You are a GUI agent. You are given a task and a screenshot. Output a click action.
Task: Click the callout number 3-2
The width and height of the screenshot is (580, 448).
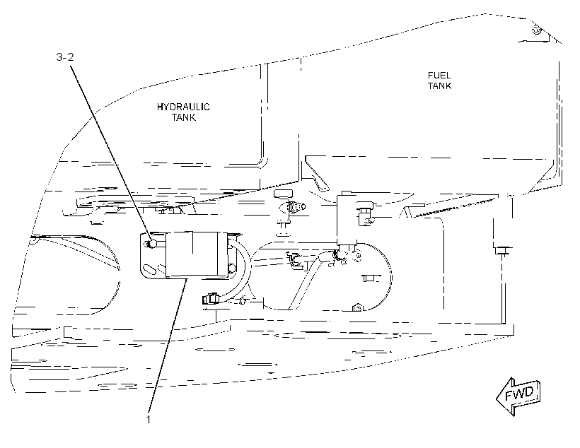(65, 57)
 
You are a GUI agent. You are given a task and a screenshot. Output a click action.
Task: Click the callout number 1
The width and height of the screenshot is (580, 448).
(149, 420)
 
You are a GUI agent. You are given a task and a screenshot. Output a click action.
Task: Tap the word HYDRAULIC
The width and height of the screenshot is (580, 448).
(183, 107)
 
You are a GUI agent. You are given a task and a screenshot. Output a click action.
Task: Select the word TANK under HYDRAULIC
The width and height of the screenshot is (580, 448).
(183, 117)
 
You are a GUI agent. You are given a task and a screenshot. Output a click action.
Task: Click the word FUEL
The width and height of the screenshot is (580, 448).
(439, 76)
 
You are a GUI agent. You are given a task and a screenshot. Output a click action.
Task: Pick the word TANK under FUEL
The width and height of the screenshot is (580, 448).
(439, 86)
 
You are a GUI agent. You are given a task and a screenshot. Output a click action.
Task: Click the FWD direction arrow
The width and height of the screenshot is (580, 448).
(518, 396)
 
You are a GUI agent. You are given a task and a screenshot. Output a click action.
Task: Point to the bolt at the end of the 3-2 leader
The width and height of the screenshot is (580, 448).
(151, 244)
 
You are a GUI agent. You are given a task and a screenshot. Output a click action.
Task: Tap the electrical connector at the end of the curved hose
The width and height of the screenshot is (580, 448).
(210, 298)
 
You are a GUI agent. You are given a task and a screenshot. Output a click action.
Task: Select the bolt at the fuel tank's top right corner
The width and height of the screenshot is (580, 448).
(538, 29)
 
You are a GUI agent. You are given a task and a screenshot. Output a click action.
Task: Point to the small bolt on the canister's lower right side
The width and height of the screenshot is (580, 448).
(232, 267)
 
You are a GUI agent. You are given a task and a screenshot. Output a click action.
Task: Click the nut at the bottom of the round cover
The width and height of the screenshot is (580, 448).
(357, 307)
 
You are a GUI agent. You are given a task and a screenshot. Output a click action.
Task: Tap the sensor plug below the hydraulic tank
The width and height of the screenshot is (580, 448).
(294, 207)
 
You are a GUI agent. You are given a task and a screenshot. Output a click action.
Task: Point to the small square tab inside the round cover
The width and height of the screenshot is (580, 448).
(368, 278)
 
